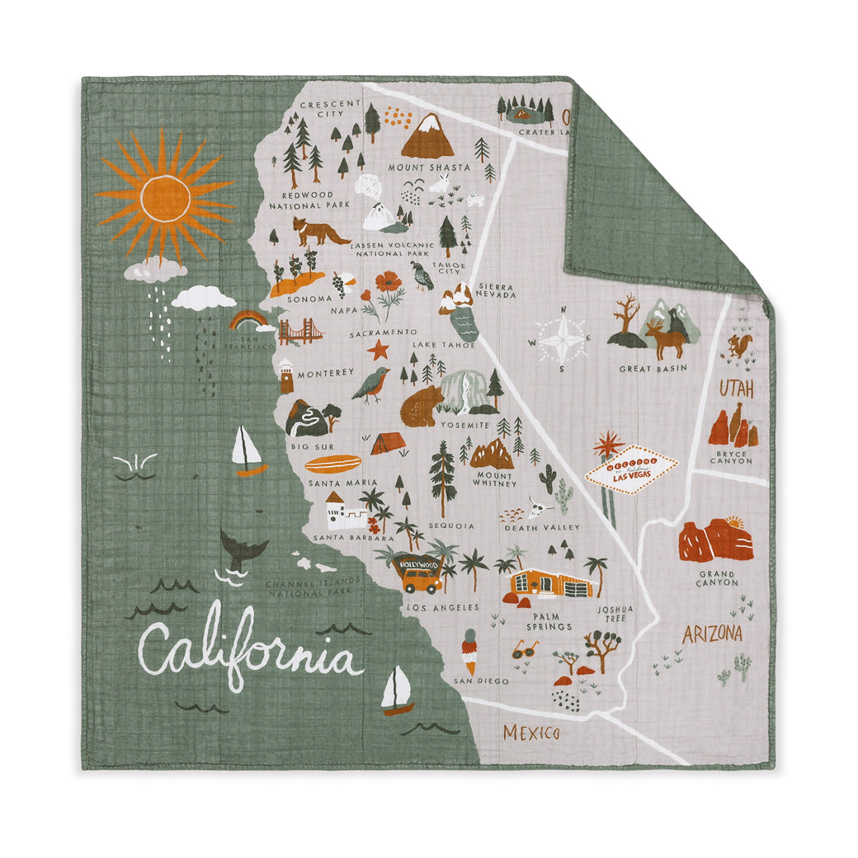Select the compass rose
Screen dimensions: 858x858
(561, 338)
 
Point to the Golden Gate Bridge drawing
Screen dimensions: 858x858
(300, 331)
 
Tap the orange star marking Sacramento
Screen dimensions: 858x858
(378, 351)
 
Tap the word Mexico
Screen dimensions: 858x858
(531, 733)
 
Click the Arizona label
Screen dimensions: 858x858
(711, 634)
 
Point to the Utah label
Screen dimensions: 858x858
(736, 389)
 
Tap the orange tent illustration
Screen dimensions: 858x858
(387, 444)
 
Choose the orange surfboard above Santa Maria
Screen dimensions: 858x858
(332, 464)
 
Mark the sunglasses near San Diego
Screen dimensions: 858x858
(525, 649)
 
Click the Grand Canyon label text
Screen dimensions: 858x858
(717, 578)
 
